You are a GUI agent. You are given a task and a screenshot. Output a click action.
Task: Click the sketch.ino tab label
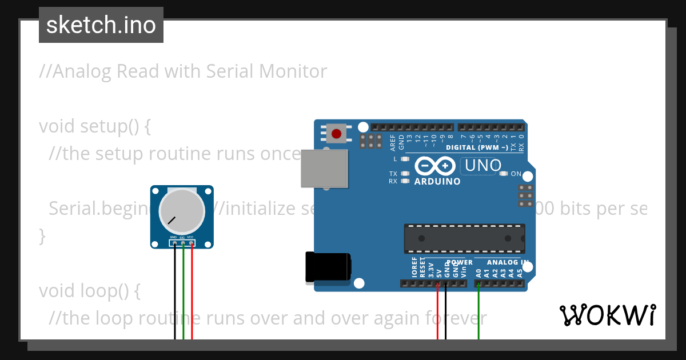point(101,25)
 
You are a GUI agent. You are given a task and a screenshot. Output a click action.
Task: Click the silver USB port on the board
point(324,169)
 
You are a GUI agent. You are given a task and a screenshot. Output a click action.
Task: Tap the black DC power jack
point(328,267)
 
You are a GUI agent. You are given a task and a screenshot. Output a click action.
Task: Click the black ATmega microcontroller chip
point(464,238)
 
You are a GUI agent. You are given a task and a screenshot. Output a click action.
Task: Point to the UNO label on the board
point(483,166)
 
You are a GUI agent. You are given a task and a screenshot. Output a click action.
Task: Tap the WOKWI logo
point(607,315)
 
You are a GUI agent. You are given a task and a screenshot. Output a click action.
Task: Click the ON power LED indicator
point(504,174)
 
